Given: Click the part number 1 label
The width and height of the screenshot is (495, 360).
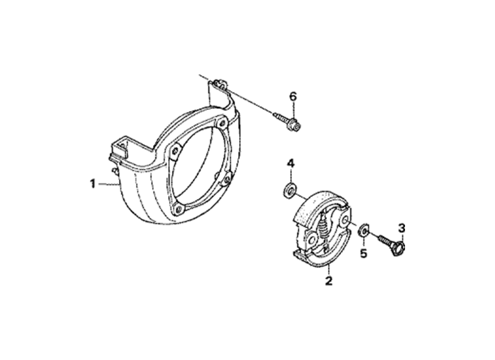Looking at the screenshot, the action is (93, 184).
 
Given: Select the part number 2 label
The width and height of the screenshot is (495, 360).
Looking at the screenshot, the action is (328, 281).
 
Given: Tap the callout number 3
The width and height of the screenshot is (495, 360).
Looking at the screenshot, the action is (401, 228).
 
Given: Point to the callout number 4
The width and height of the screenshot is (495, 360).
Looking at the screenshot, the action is (290, 164).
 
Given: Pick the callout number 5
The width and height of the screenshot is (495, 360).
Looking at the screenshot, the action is (364, 253).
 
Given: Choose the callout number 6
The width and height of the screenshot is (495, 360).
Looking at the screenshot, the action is (293, 96).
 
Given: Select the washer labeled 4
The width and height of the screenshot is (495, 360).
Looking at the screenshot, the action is (289, 191).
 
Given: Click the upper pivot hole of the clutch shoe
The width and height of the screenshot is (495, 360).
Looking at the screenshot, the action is (345, 220).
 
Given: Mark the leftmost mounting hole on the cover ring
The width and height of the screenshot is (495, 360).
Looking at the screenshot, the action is (173, 152).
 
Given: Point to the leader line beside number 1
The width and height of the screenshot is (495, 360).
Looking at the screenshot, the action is (108, 184).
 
